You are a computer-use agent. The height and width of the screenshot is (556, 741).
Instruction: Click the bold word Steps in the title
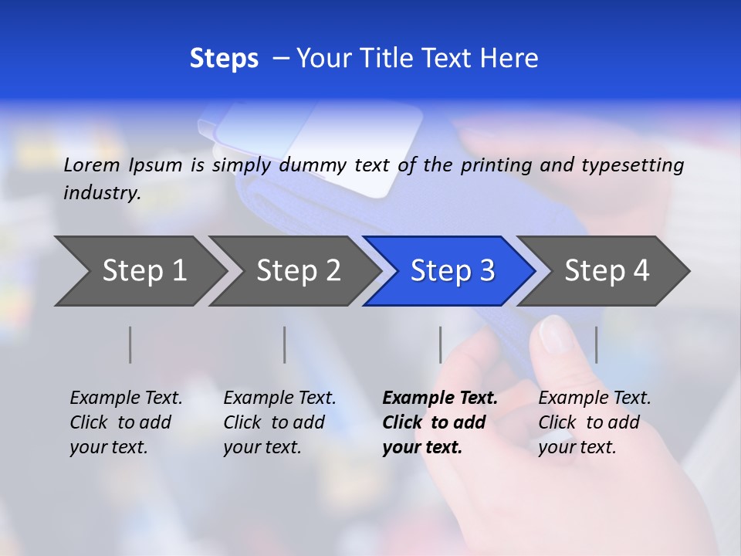224,59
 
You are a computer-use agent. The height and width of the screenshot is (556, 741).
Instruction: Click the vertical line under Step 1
130,344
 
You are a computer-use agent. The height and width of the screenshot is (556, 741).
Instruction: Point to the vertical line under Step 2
285,344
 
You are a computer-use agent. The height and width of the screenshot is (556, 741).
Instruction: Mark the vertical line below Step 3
440,344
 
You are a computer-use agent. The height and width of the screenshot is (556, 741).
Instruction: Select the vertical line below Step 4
596,344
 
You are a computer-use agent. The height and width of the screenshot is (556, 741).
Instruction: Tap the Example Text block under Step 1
126,422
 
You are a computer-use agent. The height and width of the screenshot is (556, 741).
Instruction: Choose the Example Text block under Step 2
279,422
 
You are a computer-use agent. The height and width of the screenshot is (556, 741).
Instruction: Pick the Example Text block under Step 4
594,422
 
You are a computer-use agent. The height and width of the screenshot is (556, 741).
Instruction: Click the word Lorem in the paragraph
92,164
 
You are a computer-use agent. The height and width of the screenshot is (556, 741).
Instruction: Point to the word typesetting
632,165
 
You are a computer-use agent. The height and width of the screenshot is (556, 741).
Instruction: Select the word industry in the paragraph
101,193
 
